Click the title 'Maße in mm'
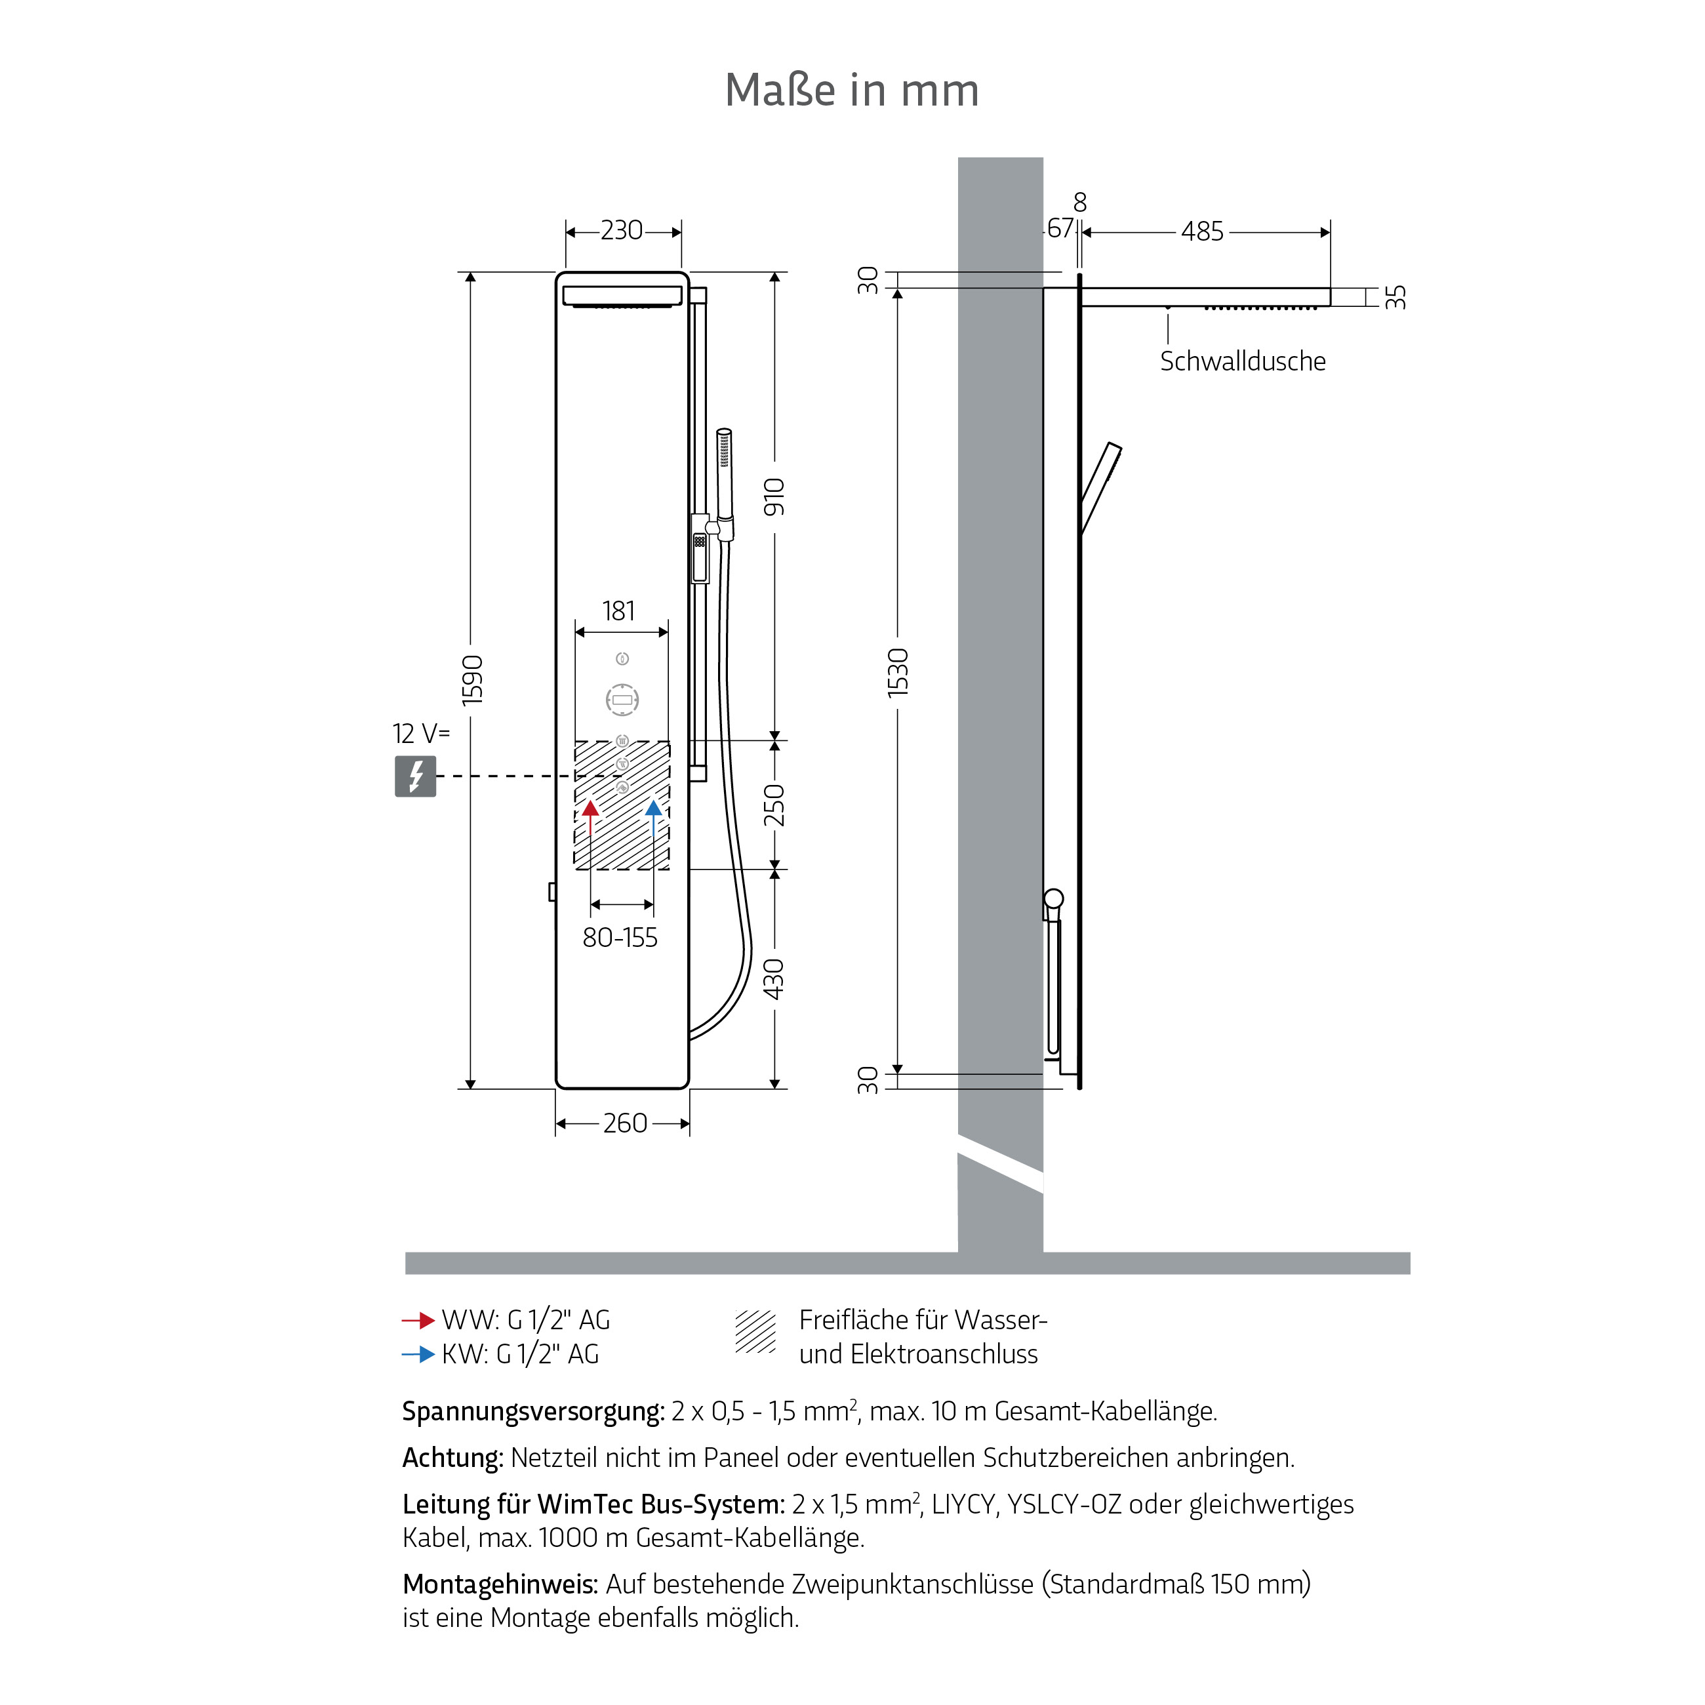[x=852, y=90]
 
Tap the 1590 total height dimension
[x=473, y=679]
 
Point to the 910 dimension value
[x=774, y=497]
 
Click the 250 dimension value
[x=774, y=804]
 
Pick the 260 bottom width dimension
[x=625, y=1123]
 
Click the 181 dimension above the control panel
[x=618, y=611]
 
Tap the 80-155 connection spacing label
[x=620, y=937]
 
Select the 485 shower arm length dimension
[x=1202, y=231]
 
